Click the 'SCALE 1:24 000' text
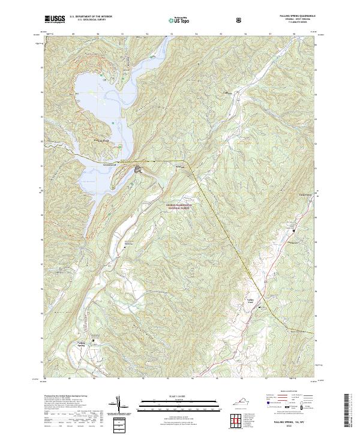[x=178, y=397]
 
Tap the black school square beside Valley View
[x=259, y=307]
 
